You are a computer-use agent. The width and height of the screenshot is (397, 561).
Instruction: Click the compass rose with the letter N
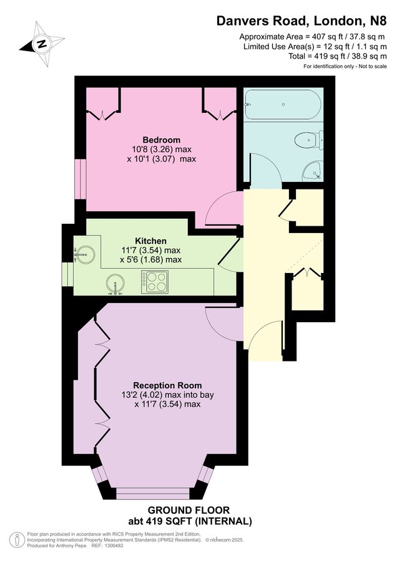click(x=42, y=44)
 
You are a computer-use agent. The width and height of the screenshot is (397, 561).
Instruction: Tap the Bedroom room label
click(x=161, y=140)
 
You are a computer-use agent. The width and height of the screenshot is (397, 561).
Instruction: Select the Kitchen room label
click(x=151, y=241)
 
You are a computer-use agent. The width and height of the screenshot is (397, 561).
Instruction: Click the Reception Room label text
click(x=167, y=385)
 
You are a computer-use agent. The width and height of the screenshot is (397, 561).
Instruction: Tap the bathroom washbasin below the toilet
click(x=312, y=170)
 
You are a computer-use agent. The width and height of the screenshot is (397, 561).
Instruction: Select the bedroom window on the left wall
click(x=79, y=181)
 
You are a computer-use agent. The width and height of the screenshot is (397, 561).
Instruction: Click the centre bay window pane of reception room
click(x=152, y=494)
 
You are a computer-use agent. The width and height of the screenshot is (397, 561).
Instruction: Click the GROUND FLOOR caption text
click(x=189, y=509)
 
